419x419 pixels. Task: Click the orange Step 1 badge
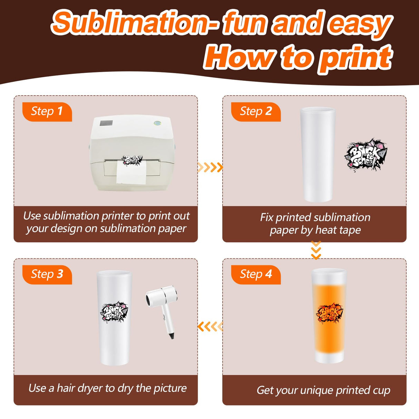[x=47, y=111]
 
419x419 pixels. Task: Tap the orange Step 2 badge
[x=256, y=111]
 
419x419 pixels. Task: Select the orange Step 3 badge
[x=47, y=274]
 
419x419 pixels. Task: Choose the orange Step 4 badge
[x=256, y=274]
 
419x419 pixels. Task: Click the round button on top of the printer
[x=158, y=123]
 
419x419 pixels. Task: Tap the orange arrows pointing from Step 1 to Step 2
[x=210, y=168]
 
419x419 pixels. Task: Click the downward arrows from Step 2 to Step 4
[x=316, y=250]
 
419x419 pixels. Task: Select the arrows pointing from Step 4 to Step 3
[x=210, y=326]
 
